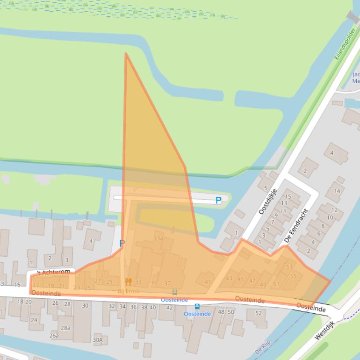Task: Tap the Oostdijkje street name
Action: click(268, 202)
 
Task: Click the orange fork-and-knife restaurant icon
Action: click(128, 281)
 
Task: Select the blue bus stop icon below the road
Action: click(197, 307)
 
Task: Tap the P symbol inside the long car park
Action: click(218, 201)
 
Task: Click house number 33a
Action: click(158, 238)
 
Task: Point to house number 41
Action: click(208, 282)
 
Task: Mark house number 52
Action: click(258, 313)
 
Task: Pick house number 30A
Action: click(97, 340)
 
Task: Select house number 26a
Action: click(54, 335)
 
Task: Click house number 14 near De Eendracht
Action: click(336, 191)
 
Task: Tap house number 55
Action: click(293, 276)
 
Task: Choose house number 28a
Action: click(65, 328)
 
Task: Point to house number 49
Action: click(263, 285)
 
